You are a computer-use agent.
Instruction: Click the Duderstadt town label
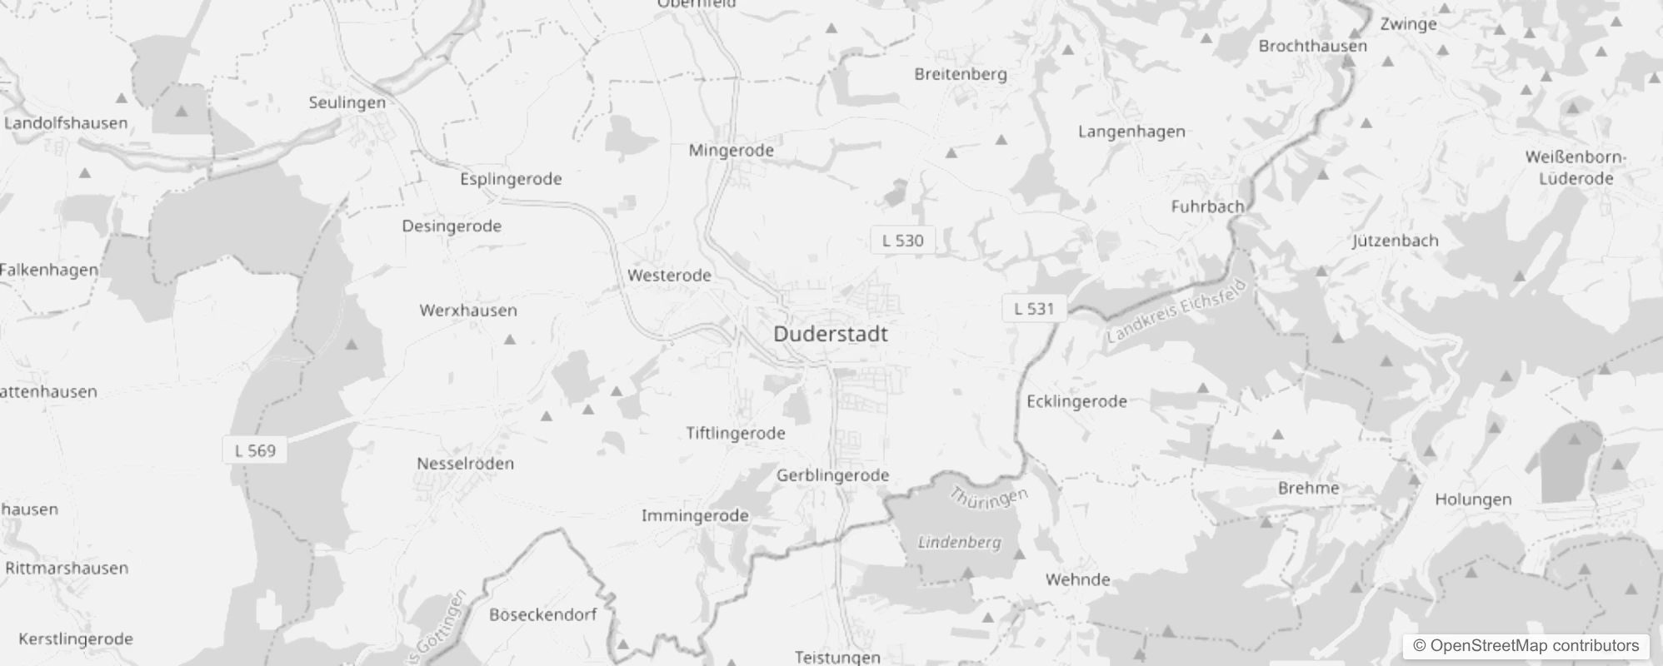(x=830, y=334)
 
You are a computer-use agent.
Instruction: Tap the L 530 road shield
(x=902, y=241)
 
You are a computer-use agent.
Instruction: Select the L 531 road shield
(x=1034, y=309)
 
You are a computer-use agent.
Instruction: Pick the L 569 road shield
(x=255, y=450)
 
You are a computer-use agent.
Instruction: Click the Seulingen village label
(x=347, y=102)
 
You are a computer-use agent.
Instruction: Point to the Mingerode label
(x=731, y=151)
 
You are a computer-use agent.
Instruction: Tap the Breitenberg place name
(x=961, y=74)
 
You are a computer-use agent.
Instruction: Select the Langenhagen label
(x=1131, y=132)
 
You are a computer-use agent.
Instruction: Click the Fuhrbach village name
(x=1207, y=206)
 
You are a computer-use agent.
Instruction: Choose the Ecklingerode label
(x=1076, y=401)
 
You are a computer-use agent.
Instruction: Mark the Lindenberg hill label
(x=959, y=543)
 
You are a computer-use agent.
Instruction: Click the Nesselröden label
(x=465, y=464)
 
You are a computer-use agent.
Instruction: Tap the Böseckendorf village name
(x=542, y=615)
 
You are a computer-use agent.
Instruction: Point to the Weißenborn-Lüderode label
(x=1576, y=167)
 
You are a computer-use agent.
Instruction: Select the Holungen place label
(x=1473, y=499)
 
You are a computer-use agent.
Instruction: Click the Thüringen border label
(x=989, y=498)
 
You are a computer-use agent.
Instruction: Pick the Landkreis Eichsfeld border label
(x=1178, y=313)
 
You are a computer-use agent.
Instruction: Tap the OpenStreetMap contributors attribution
(x=1526, y=646)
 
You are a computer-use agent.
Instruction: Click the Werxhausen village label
(x=468, y=311)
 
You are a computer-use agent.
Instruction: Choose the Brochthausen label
(x=1312, y=46)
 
